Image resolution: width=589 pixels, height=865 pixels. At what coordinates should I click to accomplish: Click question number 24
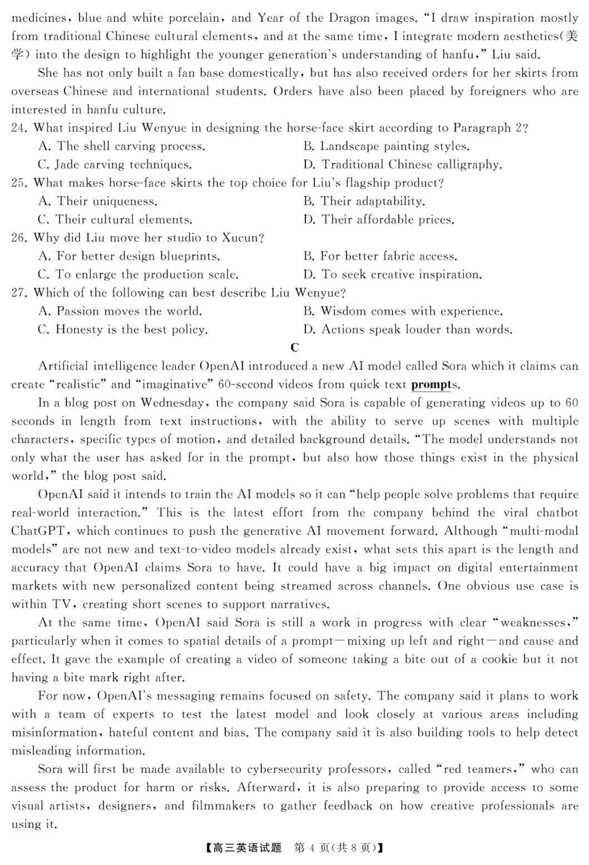18,128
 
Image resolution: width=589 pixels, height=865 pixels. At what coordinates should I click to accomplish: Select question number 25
18,183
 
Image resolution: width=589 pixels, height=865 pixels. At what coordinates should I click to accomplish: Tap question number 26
18,238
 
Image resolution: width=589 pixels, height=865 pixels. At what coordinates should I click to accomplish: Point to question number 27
18,293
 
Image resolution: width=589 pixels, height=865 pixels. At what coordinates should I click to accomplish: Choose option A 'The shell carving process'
121,146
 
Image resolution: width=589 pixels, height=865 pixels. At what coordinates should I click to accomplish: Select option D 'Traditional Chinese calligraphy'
402,164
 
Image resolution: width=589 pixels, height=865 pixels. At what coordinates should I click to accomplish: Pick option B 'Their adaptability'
364,201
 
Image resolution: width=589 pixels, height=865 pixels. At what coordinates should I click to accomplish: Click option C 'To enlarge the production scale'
138,274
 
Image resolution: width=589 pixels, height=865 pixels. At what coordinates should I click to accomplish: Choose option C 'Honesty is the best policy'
123,329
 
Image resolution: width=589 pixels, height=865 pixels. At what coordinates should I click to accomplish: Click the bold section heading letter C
294,348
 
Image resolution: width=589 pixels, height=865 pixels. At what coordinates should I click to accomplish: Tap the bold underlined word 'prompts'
434,385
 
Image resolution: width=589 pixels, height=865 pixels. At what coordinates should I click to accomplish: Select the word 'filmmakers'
224,806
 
